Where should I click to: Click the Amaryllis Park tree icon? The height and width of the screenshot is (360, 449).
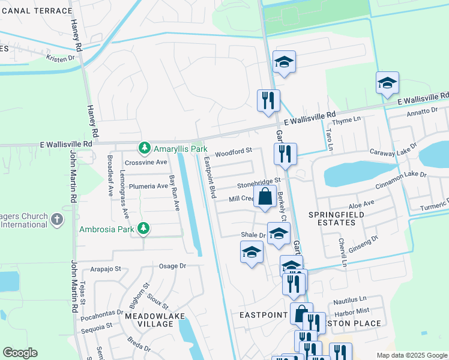click(x=144, y=148)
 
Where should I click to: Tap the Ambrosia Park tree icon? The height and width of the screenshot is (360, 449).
click(x=143, y=228)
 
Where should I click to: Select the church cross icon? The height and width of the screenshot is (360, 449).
click(x=57, y=220)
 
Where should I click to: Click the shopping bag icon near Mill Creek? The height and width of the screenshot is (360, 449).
click(x=265, y=196)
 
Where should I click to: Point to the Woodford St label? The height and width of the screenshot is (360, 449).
click(x=233, y=154)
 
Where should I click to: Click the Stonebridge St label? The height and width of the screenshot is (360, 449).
click(x=259, y=181)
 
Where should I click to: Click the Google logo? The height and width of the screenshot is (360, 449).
click(x=20, y=352)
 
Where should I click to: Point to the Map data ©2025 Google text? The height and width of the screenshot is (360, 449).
click(x=411, y=355)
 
